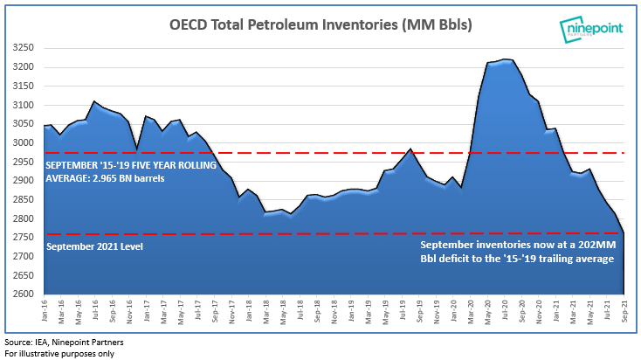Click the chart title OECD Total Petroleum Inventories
pos(320,25)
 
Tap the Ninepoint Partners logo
pos(592,28)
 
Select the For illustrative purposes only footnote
pos(59,353)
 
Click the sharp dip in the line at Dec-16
pos(136,149)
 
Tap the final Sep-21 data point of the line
pos(624,232)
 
